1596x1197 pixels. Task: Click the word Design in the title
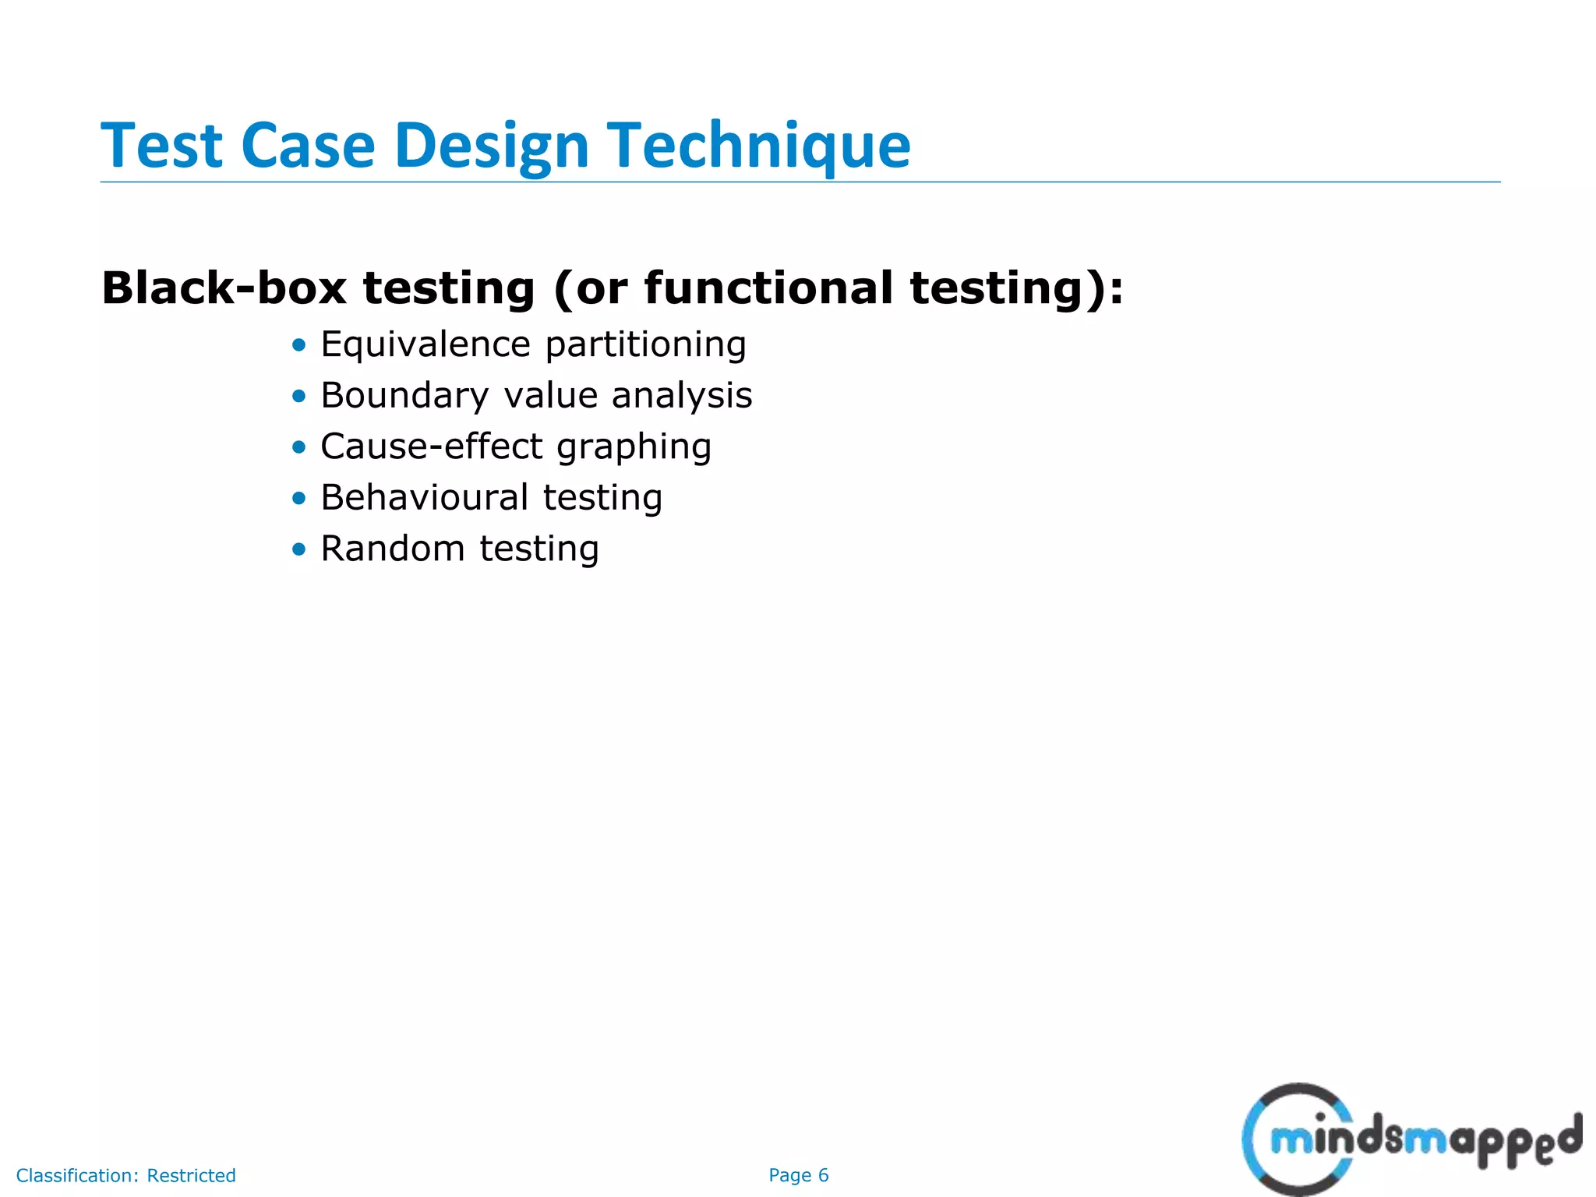(x=491, y=147)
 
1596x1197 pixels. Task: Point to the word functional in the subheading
(x=768, y=288)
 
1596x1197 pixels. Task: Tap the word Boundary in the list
(x=404, y=396)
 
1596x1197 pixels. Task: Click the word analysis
(x=681, y=396)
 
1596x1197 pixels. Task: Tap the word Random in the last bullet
(x=392, y=549)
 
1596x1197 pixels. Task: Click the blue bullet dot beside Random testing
(x=299, y=549)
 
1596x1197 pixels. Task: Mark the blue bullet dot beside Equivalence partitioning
(x=299, y=345)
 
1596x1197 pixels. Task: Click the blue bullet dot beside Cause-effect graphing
(x=299, y=447)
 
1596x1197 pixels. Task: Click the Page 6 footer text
(x=798, y=1175)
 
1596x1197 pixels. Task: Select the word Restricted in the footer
(x=191, y=1175)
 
